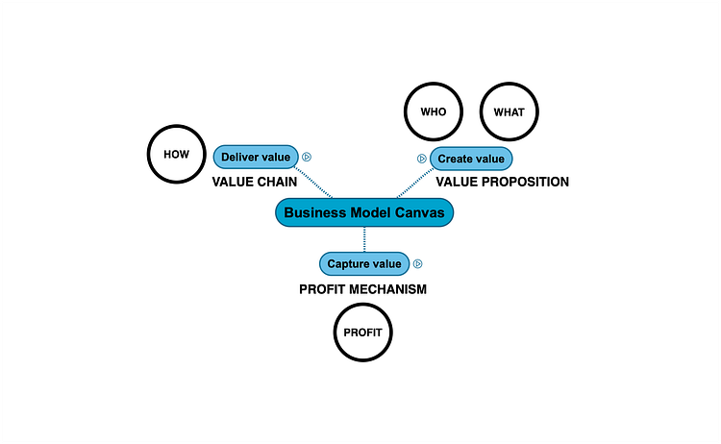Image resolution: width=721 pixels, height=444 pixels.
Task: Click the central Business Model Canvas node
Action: coord(364,213)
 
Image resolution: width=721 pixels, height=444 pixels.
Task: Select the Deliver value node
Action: coord(255,157)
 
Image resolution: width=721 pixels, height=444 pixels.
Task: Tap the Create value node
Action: coord(471,159)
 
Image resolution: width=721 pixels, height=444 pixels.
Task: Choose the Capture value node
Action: coord(363,263)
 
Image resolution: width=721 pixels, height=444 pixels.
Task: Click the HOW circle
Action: coord(176,154)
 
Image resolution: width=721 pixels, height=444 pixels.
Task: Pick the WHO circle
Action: coord(434,111)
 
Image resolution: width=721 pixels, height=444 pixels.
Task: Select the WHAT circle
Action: coord(509,111)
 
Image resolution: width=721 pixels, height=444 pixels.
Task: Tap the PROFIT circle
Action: coord(363,333)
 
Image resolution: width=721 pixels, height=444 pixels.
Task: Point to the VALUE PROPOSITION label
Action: coord(502,182)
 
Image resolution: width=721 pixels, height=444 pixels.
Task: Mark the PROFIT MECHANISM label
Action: coord(362,288)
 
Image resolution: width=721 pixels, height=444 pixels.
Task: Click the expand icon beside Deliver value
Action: coord(307,157)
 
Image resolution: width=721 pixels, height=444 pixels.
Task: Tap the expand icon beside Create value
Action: coord(421,159)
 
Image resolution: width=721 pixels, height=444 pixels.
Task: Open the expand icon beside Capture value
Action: coord(418,263)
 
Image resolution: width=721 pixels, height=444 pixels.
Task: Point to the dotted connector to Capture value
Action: coord(363,239)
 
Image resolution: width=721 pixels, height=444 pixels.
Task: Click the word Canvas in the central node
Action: coord(419,213)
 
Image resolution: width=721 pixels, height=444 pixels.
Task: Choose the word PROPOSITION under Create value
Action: coord(525,182)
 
